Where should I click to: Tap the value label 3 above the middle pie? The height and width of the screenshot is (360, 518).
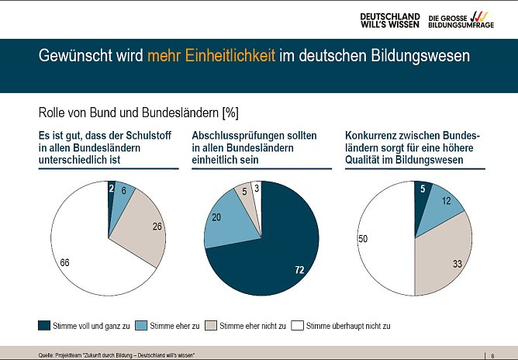257,188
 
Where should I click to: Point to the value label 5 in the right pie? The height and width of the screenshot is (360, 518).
423,188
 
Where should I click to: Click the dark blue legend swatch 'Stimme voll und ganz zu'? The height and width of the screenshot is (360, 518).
47,325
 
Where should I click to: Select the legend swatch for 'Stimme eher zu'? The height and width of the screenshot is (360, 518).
142,325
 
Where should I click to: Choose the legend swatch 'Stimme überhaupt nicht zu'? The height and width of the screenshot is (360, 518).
298,325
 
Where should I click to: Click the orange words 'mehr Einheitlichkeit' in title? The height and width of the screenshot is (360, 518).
212,57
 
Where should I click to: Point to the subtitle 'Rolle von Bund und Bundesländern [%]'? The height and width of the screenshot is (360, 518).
138,113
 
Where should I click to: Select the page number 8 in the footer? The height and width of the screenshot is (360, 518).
493,355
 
